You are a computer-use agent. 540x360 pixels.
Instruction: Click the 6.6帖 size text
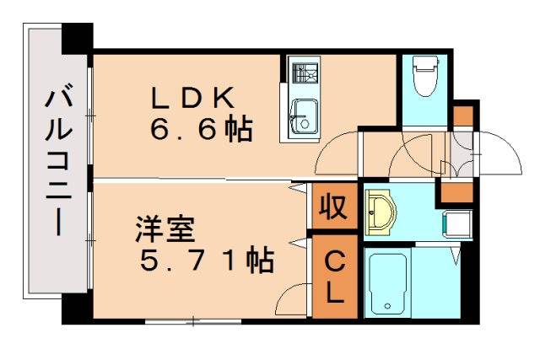click(x=201, y=130)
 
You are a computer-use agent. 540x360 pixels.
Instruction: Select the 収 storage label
click(x=333, y=207)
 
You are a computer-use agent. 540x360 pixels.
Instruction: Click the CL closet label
click(x=334, y=278)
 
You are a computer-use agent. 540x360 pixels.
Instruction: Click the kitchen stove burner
click(x=300, y=73)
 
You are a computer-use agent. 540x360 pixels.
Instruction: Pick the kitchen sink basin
click(x=301, y=116)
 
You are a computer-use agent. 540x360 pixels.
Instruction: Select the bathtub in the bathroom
click(x=387, y=282)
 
